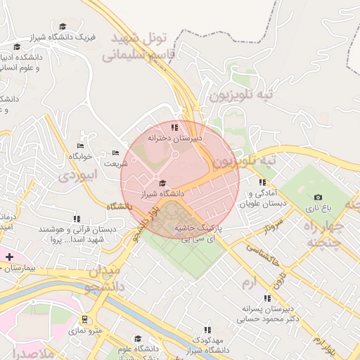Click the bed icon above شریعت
[116, 153]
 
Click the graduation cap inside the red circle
[162, 182]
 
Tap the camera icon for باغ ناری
[318, 198]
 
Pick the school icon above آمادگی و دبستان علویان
[263, 182]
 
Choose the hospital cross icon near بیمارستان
[9, 257]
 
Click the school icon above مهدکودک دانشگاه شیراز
[207, 329]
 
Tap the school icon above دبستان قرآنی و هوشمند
[77, 219]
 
